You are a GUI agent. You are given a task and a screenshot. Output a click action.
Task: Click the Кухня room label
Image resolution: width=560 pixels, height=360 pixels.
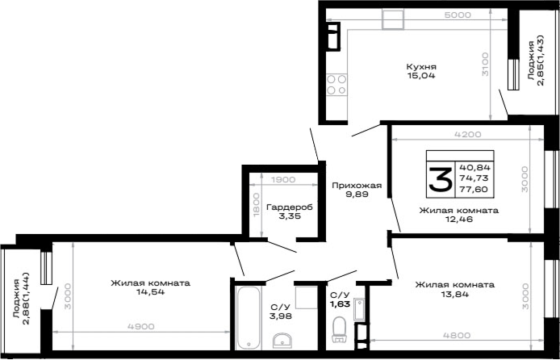pos(421,67)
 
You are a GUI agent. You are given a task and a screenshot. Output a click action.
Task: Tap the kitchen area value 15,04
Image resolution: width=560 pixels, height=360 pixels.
pos(421,76)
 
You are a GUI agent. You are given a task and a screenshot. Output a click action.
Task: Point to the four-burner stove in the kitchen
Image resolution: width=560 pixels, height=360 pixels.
pos(336,85)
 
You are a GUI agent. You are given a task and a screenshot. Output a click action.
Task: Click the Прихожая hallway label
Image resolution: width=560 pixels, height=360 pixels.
pos(357,186)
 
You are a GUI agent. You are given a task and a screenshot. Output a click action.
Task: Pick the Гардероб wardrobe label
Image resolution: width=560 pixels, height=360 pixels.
pos(290,207)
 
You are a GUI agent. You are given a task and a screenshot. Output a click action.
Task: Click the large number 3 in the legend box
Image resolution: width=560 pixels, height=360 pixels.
pos(441,180)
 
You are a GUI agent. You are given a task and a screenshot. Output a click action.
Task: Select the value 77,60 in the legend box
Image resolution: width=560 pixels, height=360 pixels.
pos(474,190)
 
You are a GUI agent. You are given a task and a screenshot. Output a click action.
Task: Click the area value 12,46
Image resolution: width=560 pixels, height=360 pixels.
pos(459,220)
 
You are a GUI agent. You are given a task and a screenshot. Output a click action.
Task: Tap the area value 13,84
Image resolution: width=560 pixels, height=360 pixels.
pos(454,295)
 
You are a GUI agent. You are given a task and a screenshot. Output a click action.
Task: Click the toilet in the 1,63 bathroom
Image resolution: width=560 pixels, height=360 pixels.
pos(338,329)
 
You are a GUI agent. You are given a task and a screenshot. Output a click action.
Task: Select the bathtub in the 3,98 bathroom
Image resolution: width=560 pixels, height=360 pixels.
pos(249,317)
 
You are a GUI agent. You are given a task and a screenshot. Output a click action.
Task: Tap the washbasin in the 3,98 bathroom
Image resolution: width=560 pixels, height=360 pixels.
pos(282,341)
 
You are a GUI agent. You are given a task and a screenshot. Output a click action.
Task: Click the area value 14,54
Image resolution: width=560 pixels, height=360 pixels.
pos(150,291)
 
